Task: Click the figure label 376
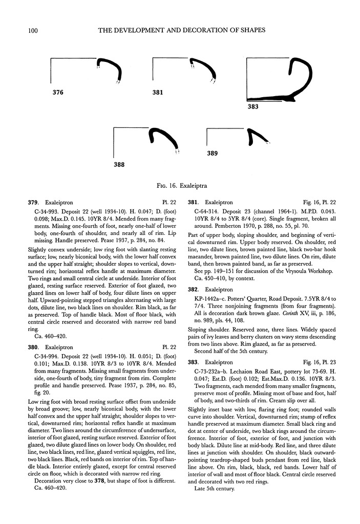click(x=58, y=93)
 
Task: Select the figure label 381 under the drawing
click(x=158, y=93)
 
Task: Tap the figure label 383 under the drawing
click(x=252, y=107)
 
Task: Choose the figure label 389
click(x=213, y=153)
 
